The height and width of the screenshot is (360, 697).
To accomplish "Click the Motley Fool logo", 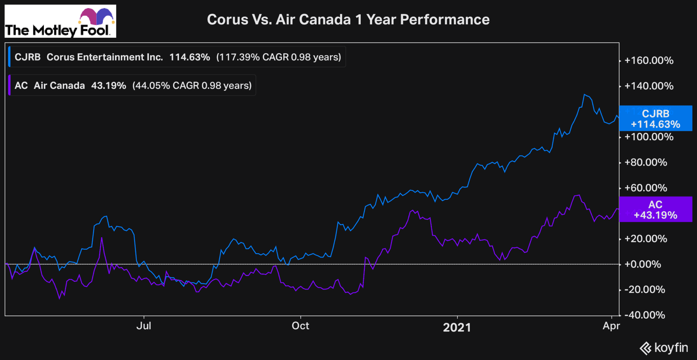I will [x=60, y=21].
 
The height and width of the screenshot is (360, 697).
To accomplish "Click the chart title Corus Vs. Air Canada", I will [x=348, y=20].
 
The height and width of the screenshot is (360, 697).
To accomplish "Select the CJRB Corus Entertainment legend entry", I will [x=177, y=57].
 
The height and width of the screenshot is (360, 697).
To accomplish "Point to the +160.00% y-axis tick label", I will [x=649, y=61].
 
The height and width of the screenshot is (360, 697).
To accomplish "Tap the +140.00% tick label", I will [x=649, y=86].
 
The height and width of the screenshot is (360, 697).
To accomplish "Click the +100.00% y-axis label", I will [x=649, y=137].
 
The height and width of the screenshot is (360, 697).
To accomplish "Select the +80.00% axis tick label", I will [x=646, y=162].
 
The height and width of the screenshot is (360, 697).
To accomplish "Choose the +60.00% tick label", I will [x=646, y=188].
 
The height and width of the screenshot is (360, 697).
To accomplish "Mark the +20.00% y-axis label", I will [x=646, y=239].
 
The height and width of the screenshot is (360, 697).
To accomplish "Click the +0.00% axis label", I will [x=643, y=264].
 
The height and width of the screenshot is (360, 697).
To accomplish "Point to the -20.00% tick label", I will [x=645, y=290].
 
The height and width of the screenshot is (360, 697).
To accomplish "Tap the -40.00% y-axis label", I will [x=645, y=315].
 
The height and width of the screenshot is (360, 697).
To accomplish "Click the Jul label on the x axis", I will [x=144, y=326].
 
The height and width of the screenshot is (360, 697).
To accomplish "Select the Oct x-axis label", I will [x=300, y=326].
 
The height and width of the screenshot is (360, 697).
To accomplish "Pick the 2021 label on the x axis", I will [x=457, y=327].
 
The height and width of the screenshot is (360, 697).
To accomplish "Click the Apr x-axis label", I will [x=611, y=326].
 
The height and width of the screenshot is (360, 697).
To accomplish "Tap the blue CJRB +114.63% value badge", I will [x=655, y=118].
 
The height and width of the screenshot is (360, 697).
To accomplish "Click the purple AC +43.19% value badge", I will [x=655, y=210].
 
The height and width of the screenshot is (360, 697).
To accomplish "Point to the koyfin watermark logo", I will [x=664, y=348].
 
